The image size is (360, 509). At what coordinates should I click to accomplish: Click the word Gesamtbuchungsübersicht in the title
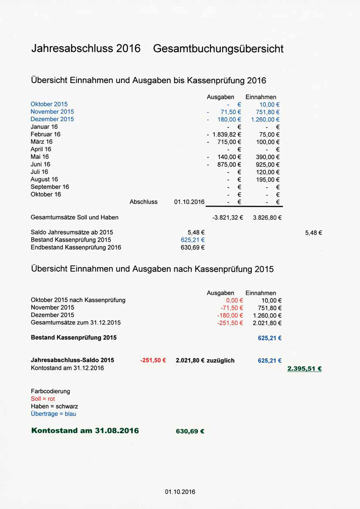[x=218, y=49]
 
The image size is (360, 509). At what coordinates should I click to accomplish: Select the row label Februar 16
[x=45, y=134]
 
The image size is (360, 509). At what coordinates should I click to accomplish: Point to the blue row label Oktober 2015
[x=49, y=104]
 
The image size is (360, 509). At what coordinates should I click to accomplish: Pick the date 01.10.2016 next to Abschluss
[x=189, y=202]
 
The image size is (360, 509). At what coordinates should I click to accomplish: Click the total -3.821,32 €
[x=227, y=217]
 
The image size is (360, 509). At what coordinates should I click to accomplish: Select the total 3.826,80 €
[x=267, y=217]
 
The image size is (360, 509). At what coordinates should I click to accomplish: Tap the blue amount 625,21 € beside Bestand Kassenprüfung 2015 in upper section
[x=192, y=240]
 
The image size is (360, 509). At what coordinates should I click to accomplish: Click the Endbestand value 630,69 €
[x=192, y=247]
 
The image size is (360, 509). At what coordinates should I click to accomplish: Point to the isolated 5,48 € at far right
[x=313, y=233]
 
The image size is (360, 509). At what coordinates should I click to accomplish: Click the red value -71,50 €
[x=231, y=308]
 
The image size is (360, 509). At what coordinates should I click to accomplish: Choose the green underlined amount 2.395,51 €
[x=304, y=369]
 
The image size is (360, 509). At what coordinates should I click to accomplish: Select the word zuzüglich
[x=220, y=361]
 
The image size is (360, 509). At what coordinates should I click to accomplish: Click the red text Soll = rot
[x=43, y=399]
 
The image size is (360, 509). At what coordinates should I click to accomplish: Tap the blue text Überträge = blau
[x=53, y=414]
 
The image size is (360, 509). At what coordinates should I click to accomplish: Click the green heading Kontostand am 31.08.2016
[x=85, y=431]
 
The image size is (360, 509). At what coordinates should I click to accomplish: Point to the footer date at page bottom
[x=180, y=492]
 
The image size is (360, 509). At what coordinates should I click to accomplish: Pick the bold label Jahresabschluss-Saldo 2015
[x=72, y=360]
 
